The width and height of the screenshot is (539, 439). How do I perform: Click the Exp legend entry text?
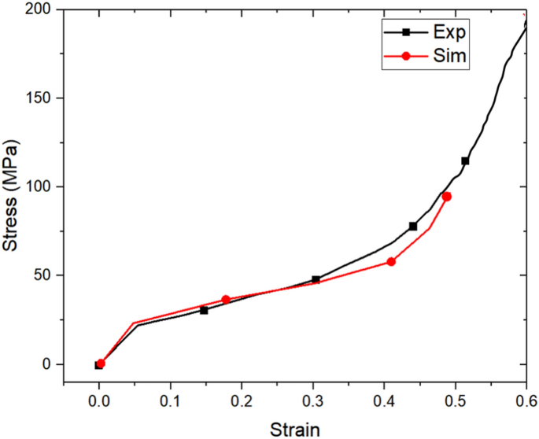pyautogui.click(x=450, y=32)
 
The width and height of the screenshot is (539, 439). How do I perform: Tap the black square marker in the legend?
pyautogui.click(x=406, y=32)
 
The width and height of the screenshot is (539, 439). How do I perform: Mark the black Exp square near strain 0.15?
pyautogui.click(x=204, y=310)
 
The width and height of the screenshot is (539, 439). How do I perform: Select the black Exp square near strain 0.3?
pyautogui.click(x=316, y=279)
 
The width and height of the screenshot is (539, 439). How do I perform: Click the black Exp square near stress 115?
pyautogui.click(x=465, y=160)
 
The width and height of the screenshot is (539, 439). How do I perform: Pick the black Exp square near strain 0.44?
pyautogui.click(x=413, y=226)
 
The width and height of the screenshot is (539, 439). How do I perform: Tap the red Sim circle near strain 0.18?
pyautogui.click(x=226, y=300)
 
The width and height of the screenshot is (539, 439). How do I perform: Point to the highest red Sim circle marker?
pyautogui.click(x=446, y=197)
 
